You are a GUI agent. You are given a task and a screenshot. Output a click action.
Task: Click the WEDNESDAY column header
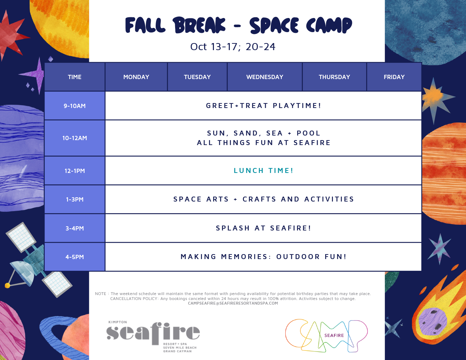pos(265,77)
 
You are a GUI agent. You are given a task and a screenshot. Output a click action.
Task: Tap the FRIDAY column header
pos(394,77)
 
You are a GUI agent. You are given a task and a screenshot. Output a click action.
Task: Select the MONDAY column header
pos(136,77)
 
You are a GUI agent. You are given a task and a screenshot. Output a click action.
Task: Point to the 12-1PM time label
pos(74,171)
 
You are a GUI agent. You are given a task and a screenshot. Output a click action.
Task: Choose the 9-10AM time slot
pos(74,106)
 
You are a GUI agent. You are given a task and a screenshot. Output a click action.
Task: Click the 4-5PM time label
pos(74,257)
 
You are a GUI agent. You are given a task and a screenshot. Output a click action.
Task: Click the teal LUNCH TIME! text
pos(263,171)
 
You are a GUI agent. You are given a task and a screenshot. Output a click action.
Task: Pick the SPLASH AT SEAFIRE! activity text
pos(263,228)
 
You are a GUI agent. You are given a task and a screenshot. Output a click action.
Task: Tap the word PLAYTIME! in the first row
pos(297,106)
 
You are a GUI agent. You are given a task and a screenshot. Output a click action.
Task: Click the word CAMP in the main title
pos(329,25)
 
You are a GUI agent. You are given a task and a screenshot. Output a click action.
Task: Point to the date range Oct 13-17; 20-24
pos(233,47)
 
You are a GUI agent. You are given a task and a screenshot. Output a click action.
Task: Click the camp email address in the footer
pos(233,303)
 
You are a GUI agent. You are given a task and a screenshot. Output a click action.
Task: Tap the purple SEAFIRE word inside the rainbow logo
pos(334,335)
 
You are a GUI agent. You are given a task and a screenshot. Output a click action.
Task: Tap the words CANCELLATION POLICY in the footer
pos(134,299)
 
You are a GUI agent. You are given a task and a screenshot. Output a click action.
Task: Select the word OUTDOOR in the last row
pos(298,257)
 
